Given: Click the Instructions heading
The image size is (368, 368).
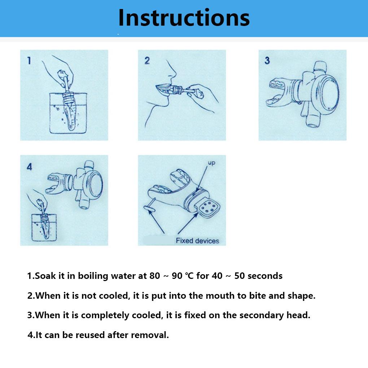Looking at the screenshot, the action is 184,18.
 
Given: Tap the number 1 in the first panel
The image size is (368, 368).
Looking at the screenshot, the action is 29,61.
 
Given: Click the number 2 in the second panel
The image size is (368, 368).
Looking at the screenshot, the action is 147,61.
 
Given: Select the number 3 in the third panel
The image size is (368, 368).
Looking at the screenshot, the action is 267,61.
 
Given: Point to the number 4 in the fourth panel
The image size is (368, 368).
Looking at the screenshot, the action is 29,167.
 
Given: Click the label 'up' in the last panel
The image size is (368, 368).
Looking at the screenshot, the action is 211,163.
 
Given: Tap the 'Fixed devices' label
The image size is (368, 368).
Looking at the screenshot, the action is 197,241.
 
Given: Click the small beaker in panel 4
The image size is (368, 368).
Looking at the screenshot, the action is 44,227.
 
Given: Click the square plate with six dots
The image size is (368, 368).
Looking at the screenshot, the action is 209,208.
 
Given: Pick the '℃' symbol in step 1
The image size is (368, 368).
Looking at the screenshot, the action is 189,276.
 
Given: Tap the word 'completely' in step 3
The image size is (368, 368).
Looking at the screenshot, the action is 105,315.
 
